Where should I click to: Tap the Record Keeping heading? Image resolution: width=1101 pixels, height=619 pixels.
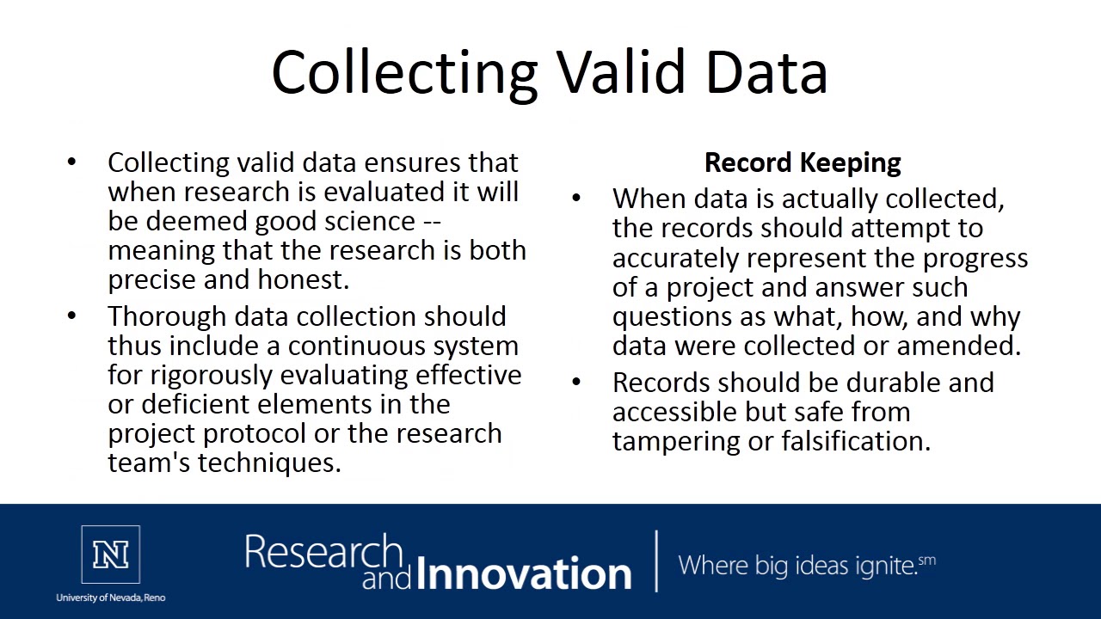coord(803,162)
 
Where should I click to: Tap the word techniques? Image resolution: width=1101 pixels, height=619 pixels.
coord(269,463)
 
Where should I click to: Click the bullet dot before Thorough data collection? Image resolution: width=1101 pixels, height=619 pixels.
coord(71,316)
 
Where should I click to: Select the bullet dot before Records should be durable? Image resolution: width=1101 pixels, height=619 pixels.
coord(576,382)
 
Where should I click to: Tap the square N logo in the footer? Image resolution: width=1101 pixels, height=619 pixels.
coord(111,555)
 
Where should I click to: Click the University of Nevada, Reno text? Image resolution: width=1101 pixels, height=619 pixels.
coord(111,598)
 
